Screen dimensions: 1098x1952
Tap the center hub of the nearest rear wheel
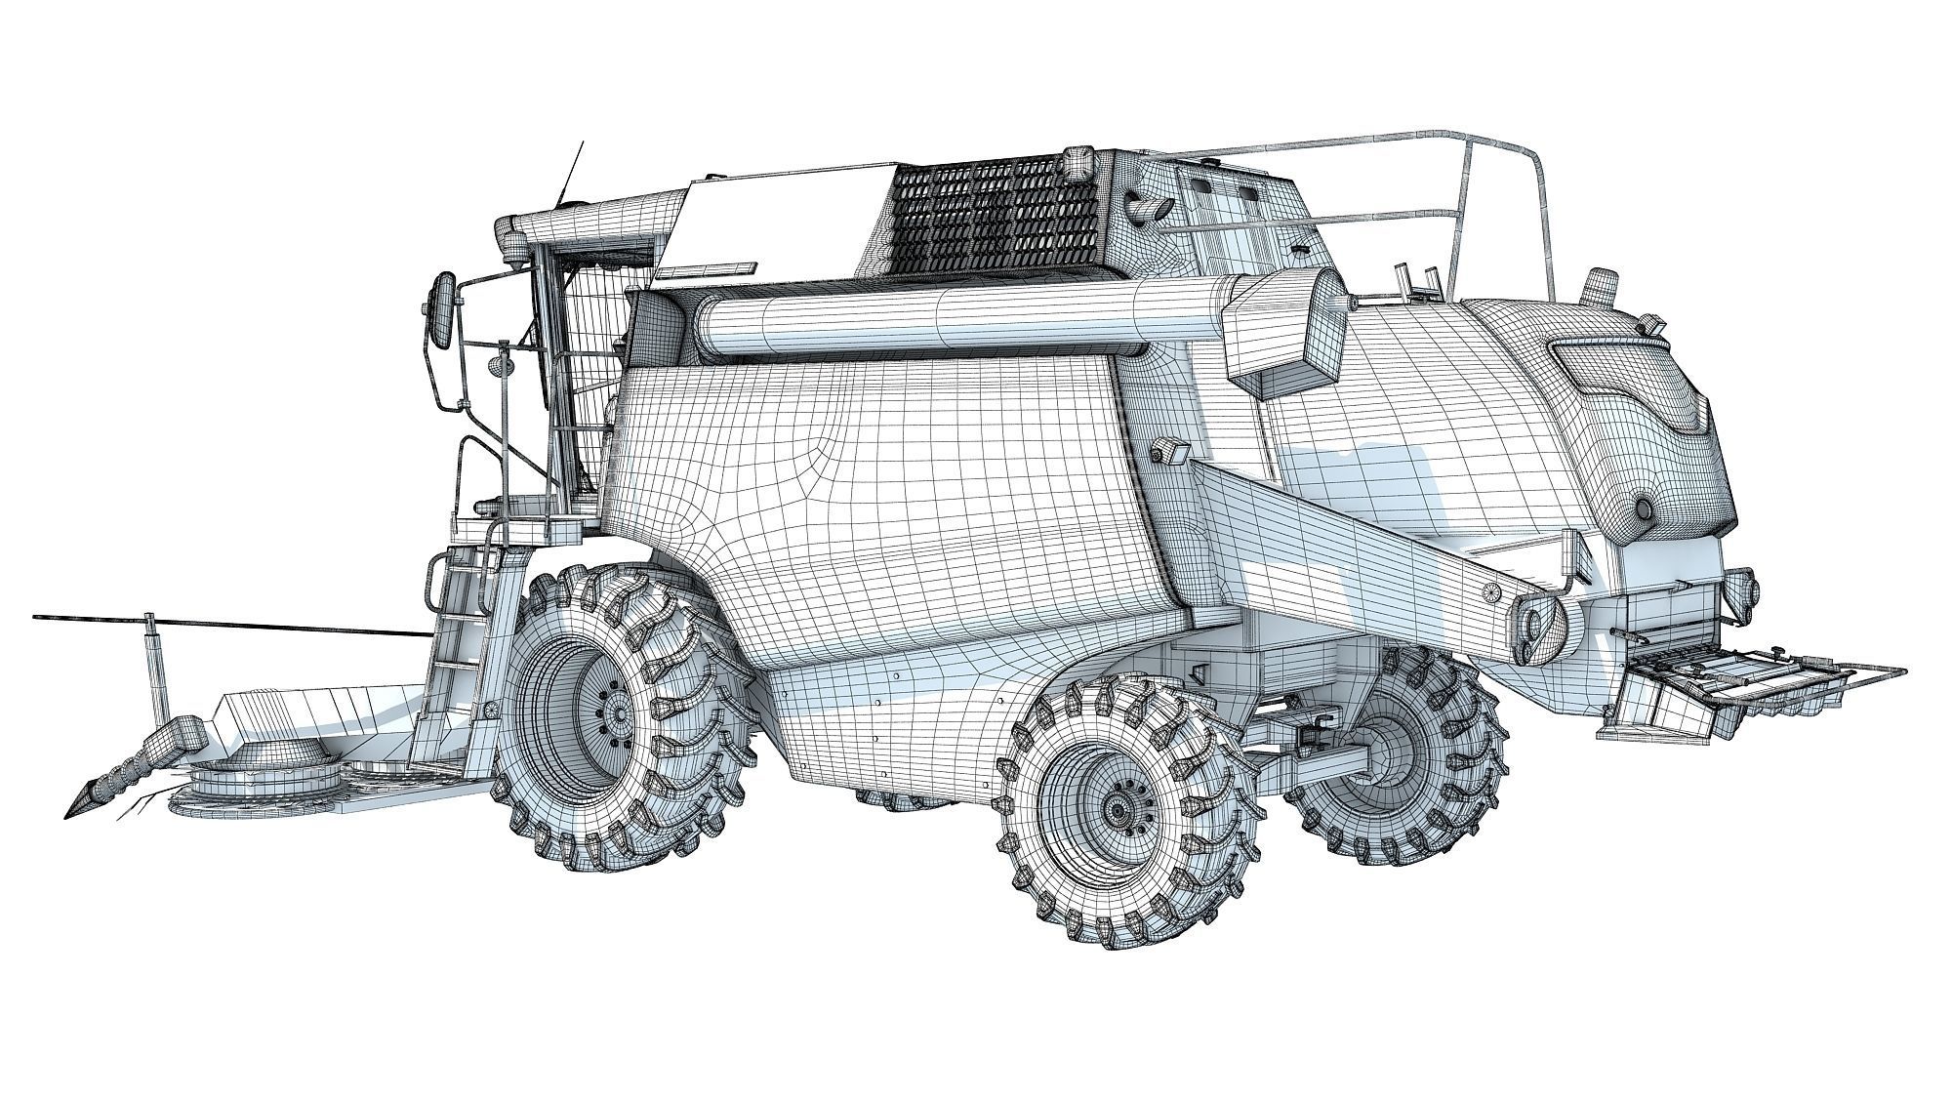[1118, 808]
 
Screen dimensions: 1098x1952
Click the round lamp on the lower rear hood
[1644, 508]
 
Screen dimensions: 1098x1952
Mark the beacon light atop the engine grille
[1079, 160]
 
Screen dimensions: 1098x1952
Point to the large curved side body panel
[878, 508]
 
